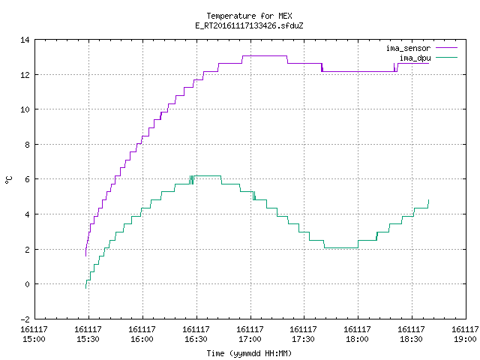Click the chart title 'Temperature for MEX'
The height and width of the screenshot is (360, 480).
pos(249,16)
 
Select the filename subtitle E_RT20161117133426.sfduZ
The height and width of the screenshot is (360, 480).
pos(249,25)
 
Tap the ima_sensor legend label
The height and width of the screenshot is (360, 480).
pos(408,48)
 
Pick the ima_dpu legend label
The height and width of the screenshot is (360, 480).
pos(415,58)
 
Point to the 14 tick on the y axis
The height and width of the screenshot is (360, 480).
pos(25,40)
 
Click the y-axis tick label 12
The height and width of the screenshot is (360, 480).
pos(25,75)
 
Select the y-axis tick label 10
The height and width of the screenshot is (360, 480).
pos(25,109)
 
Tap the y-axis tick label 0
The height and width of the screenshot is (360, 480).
pos(27,284)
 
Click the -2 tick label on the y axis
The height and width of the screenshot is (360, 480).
pos(25,319)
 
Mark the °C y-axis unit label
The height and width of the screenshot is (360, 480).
pos(8,179)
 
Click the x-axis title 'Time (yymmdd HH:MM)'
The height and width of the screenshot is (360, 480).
pos(249,353)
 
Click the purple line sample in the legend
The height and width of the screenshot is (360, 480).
pos(446,48)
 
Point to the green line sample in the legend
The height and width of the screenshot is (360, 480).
pos(446,58)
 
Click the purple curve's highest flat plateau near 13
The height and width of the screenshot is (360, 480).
pos(265,55)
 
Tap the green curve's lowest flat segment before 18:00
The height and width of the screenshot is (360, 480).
pos(341,247)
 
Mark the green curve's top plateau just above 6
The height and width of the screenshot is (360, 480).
pos(208,176)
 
